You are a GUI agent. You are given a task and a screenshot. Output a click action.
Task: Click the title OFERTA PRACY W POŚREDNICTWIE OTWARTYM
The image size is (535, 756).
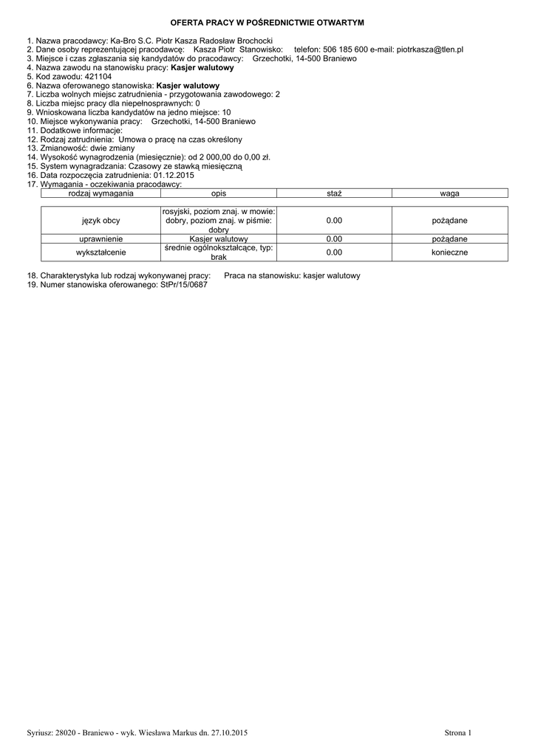pyautogui.click(x=267, y=24)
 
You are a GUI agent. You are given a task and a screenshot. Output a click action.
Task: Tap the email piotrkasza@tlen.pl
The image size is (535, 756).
pyautogui.click(x=429, y=49)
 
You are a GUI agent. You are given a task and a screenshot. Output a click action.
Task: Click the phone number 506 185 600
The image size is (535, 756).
pyautogui.click(x=346, y=49)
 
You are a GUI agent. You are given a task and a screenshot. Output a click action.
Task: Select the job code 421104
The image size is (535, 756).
pyautogui.click(x=99, y=76)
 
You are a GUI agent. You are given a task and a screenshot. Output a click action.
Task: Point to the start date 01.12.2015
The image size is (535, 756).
pyautogui.click(x=174, y=176)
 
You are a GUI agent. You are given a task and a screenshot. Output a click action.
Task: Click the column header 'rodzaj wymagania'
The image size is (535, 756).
pyautogui.click(x=100, y=193)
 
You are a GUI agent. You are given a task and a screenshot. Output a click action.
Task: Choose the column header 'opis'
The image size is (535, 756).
pyautogui.click(x=218, y=193)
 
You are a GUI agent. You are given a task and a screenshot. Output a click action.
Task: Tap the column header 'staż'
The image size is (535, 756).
pyautogui.click(x=334, y=193)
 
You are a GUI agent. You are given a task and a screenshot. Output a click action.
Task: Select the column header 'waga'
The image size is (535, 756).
pyautogui.click(x=449, y=193)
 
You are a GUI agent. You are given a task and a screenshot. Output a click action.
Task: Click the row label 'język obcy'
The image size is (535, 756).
pyautogui.click(x=100, y=221)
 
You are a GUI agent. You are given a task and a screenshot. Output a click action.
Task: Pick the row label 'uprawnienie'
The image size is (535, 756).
pyautogui.click(x=100, y=239)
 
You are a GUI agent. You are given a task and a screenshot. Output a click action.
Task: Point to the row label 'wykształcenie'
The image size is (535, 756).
pyautogui.click(x=100, y=252)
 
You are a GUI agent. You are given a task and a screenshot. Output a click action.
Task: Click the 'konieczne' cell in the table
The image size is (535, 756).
pyautogui.click(x=449, y=252)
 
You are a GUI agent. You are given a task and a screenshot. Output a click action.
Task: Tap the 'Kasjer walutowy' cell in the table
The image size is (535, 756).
pyautogui.click(x=218, y=239)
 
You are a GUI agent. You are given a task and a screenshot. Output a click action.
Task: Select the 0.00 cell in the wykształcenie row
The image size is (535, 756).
pyautogui.click(x=334, y=252)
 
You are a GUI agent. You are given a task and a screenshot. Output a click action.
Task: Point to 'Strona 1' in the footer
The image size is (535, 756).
pyautogui.click(x=457, y=732)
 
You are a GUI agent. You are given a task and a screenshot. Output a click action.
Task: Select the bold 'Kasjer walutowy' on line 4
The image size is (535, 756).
pyautogui.click(x=202, y=67)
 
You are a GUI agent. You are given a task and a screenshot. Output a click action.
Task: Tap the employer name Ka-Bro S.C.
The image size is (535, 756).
pyautogui.click(x=126, y=40)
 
